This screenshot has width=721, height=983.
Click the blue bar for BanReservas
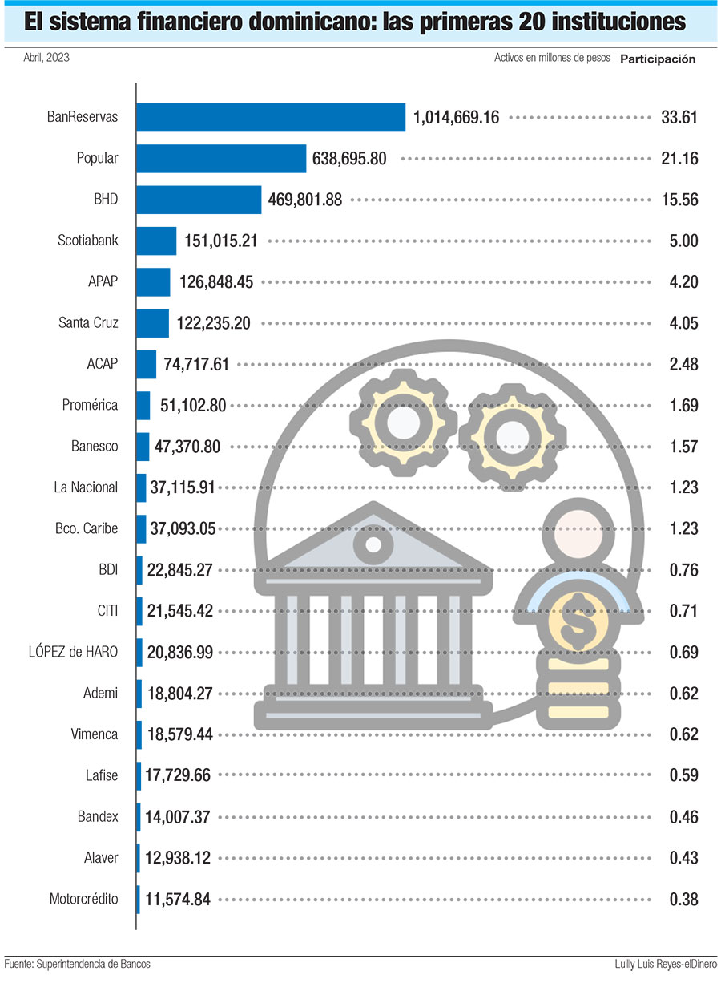[270, 117]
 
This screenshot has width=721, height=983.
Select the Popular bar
[221, 159]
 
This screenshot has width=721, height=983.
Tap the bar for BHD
[199, 200]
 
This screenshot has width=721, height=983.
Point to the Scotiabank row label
[87, 241]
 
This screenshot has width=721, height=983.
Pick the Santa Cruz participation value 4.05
[683, 323]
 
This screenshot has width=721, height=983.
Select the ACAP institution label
[102, 364]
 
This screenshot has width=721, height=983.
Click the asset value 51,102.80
[193, 406]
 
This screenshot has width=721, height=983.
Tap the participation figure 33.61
[679, 117]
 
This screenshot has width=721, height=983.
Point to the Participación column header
[658, 59]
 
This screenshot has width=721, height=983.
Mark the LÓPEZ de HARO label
[73, 652]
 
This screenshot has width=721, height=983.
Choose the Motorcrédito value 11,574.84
[178, 900]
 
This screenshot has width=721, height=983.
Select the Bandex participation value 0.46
[683, 817]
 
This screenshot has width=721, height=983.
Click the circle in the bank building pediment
[373, 546]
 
